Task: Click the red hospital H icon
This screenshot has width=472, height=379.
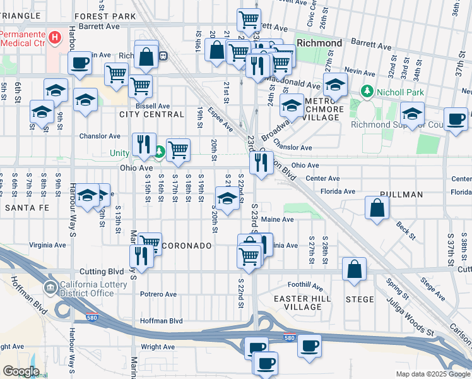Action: point(56,38)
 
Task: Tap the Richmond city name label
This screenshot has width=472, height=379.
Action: point(319,44)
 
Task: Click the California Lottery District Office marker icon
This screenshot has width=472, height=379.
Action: point(50,289)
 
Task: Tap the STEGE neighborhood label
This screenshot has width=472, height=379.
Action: point(360,299)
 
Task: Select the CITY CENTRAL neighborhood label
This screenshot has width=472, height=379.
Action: point(151,114)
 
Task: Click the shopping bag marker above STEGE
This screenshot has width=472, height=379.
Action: point(354,268)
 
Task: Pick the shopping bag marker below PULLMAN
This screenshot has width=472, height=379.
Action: point(377,208)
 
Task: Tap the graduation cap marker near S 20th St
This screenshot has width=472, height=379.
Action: point(227,198)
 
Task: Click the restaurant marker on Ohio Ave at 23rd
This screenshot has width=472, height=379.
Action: point(261,163)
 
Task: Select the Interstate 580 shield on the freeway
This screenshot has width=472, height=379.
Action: point(290,339)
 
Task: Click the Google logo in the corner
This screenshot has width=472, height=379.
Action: point(20,371)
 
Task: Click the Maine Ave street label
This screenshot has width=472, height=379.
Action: point(278,219)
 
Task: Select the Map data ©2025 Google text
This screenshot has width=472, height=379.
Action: point(432,374)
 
